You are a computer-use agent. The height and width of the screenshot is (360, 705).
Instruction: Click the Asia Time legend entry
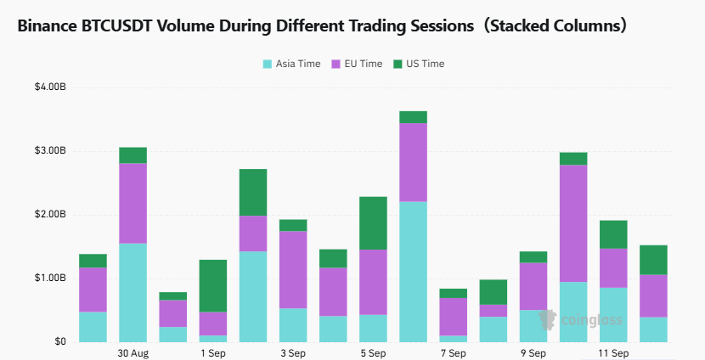[x=292, y=64]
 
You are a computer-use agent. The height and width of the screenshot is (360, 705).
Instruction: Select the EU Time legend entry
[x=357, y=64]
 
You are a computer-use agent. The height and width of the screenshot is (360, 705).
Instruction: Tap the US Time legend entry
[x=419, y=64]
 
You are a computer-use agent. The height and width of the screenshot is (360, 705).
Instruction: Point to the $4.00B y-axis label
[x=50, y=87]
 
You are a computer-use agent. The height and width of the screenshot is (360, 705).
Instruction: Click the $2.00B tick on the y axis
[x=50, y=214]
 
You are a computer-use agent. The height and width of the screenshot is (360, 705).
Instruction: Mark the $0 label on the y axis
[x=60, y=342]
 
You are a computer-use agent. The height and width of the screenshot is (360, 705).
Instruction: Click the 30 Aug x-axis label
[x=133, y=353]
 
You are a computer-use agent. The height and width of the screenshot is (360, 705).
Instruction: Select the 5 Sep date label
[x=373, y=353]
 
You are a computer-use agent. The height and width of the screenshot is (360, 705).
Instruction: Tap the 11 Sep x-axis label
[x=613, y=353]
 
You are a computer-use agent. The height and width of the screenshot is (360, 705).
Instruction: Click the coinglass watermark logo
[x=580, y=320]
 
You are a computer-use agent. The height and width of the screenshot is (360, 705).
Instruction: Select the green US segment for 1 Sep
[x=213, y=286]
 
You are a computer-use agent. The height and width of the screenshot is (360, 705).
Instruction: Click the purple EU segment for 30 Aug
[x=133, y=203]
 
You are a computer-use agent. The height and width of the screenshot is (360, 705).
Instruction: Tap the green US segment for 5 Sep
[x=373, y=223]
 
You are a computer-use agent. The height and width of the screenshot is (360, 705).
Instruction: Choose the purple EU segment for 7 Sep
[x=454, y=317]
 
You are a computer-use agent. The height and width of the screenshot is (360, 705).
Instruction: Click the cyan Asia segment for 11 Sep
[x=613, y=315]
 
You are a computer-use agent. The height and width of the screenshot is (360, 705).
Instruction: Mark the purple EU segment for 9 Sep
[x=533, y=286]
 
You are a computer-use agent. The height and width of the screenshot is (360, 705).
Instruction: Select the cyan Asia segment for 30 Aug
[x=133, y=293]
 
